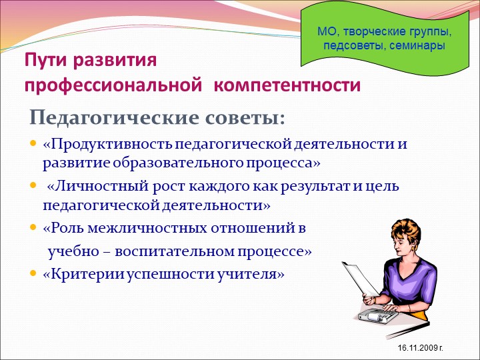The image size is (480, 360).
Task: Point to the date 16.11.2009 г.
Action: point(421,348)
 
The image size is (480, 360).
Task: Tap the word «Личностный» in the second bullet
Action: point(101,186)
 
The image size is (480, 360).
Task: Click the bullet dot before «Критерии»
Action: point(33,273)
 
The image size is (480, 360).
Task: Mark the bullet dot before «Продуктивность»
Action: point(33,143)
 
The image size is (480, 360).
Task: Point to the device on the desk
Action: point(379,315)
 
